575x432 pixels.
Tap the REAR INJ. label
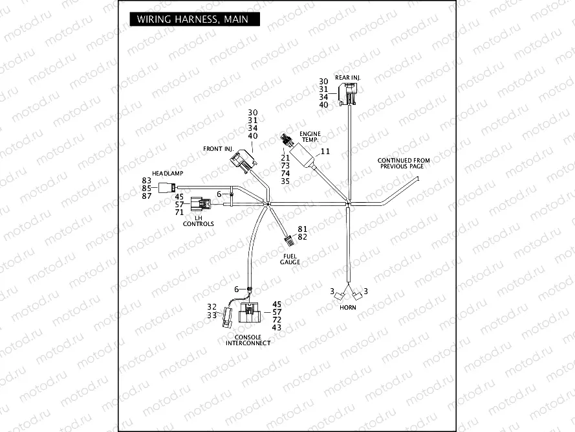tap(347, 77)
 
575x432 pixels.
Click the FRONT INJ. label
tap(218, 149)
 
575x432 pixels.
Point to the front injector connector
tap(244, 161)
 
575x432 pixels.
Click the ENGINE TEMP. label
tap(310, 137)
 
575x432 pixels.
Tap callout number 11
tap(325, 151)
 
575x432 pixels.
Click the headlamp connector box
tap(164, 187)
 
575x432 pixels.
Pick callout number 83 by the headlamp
tap(146, 180)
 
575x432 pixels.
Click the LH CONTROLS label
tap(198, 221)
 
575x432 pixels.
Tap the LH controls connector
tap(204, 204)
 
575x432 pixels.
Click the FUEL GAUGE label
tap(290, 260)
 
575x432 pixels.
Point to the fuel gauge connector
tap(289, 242)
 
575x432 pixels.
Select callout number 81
tap(302, 229)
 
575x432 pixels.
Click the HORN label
tap(348, 306)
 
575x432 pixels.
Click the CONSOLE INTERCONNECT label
tap(248, 340)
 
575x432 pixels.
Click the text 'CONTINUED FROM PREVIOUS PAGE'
tap(404, 163)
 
